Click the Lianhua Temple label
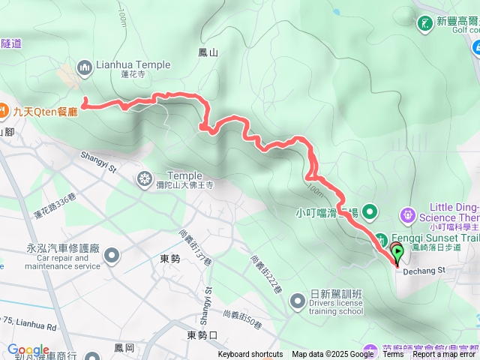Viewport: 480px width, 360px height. [x=133, y=65]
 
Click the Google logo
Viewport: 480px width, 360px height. [x=28, y=349]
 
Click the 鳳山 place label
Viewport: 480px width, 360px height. [x=208, y=52]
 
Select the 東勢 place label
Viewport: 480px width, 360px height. [x=170, y=258]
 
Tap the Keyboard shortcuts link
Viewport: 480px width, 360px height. [x=250, y=355]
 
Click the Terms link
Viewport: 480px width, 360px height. [x=393, y=355]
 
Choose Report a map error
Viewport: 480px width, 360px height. [x=445, y=355]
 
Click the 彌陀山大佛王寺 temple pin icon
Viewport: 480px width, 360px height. [x=143, y=179]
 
